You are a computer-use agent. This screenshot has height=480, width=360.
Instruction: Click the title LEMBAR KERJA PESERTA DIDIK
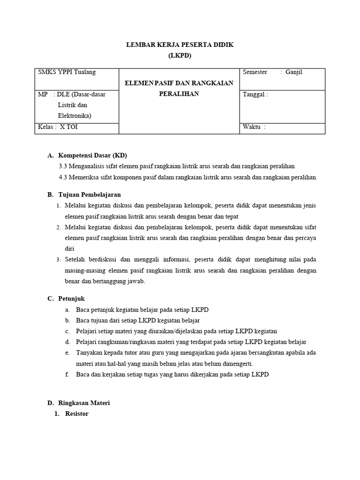point(180,45)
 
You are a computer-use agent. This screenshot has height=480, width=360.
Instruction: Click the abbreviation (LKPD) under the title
point(180,55)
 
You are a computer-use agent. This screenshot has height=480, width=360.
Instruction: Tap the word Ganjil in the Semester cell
point(294,72)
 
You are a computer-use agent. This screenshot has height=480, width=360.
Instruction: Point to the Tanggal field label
point(255,94)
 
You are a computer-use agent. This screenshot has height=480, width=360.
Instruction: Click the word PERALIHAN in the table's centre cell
point(180,94)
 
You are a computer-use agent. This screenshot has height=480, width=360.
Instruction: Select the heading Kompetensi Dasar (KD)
point(92,155)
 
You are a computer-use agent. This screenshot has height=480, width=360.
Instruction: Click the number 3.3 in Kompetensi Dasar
point(63,166)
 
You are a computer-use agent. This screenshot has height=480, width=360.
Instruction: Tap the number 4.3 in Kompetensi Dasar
point(63,177)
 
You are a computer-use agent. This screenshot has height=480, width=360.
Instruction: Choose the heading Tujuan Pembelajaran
point(90,195)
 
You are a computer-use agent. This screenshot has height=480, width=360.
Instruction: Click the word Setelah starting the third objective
point(75,260)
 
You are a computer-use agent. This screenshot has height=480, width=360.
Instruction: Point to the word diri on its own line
point(69,249)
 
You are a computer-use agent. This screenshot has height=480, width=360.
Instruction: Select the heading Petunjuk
point(71,299)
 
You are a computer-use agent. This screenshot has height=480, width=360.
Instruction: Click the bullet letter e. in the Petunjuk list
point(67,353)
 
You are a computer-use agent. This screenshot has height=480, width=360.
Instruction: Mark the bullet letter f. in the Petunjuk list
point(67,375)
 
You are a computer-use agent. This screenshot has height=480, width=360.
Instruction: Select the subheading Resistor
point(76,414)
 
